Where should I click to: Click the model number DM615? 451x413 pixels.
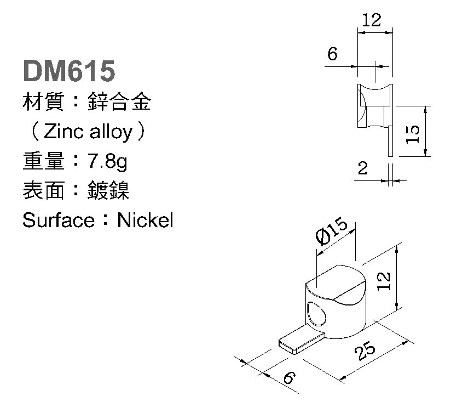68,71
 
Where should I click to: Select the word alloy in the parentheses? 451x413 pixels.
110,132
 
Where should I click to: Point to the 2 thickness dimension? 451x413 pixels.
362,168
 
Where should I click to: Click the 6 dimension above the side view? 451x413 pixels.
332,54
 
